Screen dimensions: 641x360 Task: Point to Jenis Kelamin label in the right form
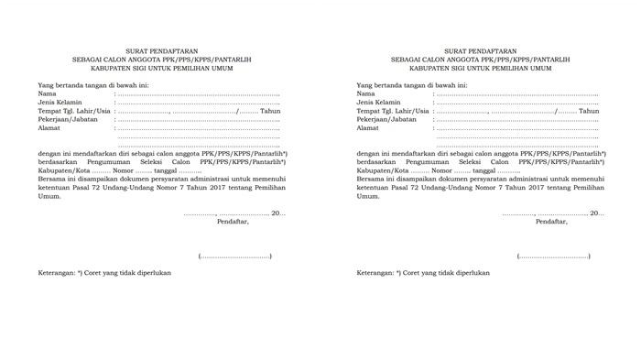click(382, 103)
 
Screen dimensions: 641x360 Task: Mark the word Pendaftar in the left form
click(233, 222)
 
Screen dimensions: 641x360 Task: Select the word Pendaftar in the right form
click(551, 222)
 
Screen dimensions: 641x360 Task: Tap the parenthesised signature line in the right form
click(553, 256)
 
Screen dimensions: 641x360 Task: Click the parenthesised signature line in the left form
click(234, 256)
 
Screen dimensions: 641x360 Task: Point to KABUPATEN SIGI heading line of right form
click(481, 68)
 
